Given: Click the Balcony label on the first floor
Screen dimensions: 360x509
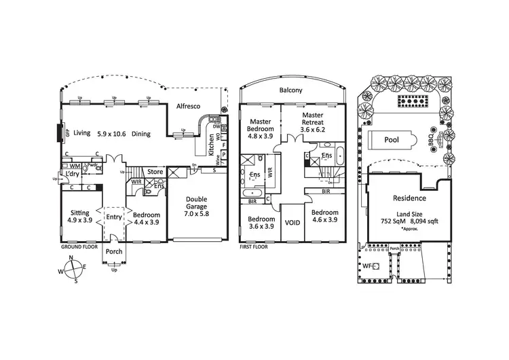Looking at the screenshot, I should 290,90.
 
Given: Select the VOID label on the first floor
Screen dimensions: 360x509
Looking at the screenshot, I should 293,222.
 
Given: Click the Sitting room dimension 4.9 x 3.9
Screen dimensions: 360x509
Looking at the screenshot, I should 80,220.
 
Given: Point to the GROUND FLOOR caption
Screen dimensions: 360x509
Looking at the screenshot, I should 79,247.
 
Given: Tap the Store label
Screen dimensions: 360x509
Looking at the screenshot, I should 155,172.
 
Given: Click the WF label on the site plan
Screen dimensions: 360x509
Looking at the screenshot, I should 367,266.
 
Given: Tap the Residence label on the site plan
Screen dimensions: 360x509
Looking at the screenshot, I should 409,198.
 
